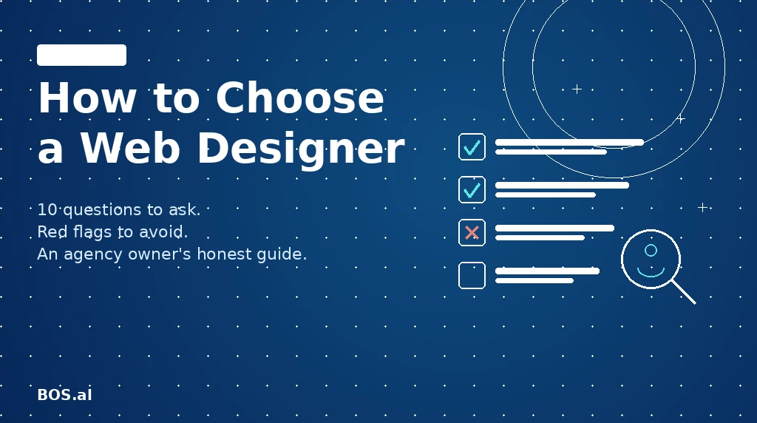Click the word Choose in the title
[x=300, y=98]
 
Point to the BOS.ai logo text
[x=64, y=395]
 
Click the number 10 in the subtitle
[x=46, y=210]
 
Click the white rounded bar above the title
[x=81, y=55]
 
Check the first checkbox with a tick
[x=472, y=146]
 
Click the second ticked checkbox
[x=472, y=189]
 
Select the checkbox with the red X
[x=472, y=232]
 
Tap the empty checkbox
[x=472, y=275]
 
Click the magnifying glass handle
[x=684, y=291]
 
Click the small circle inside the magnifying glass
[x=651, y=250]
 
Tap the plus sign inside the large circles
[x=577, y=89]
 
